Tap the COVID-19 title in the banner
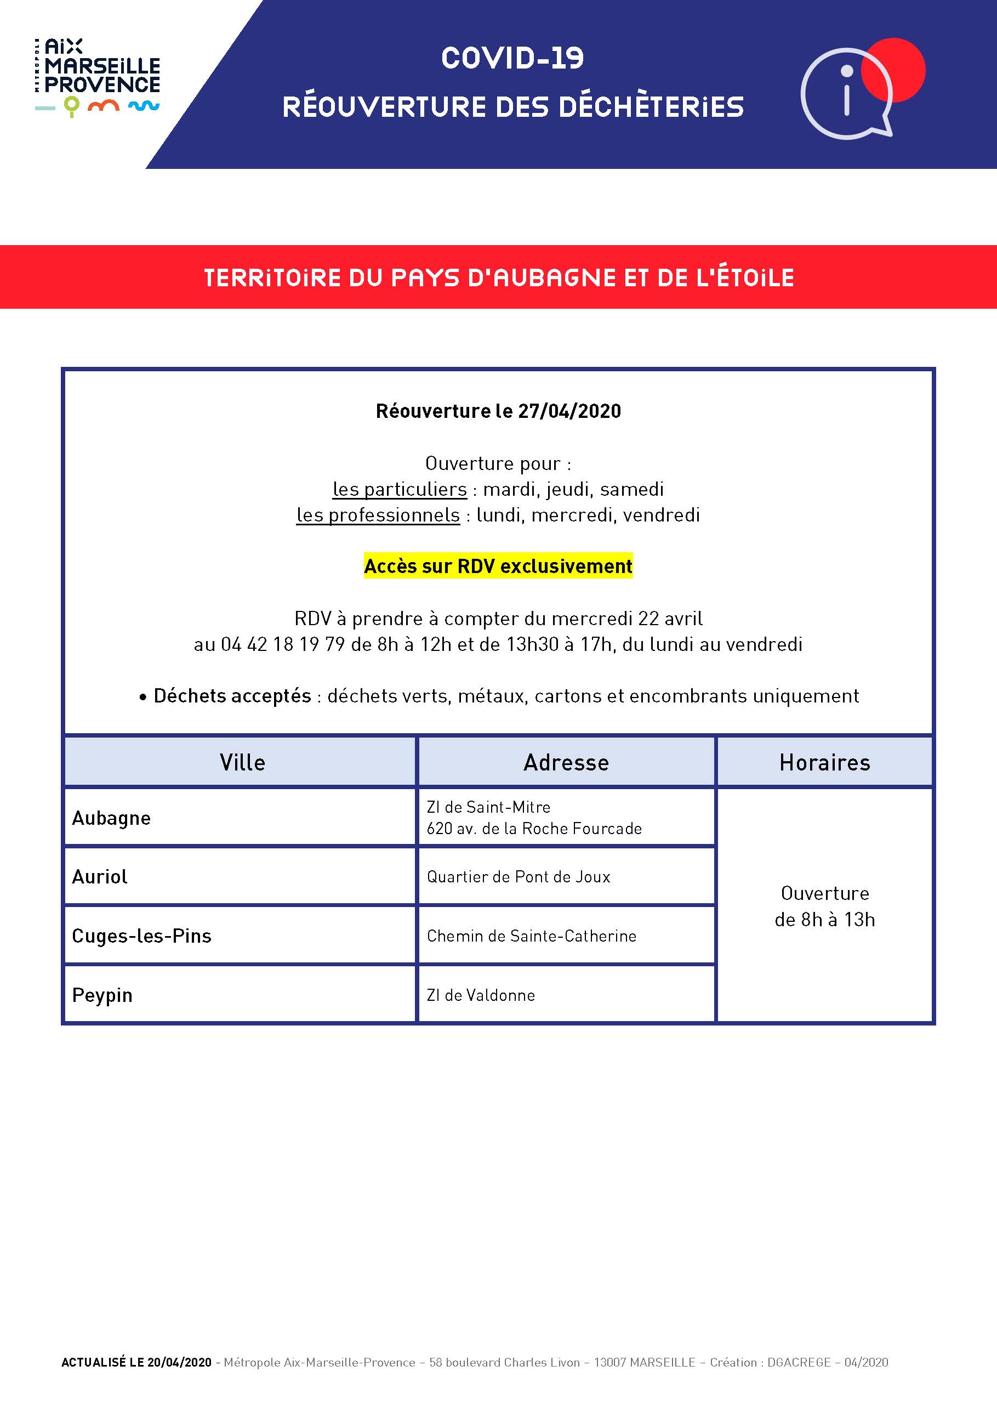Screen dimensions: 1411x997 pos(512,58)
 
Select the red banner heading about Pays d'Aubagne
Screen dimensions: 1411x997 pos(498,278)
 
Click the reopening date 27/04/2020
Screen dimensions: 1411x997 pos(569,411)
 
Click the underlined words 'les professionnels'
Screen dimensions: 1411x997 pos(378,515)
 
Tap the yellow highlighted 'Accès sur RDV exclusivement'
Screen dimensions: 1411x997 pos(498,566)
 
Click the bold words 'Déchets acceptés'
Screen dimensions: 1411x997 pos(232,696)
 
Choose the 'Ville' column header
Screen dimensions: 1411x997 pos(242,762)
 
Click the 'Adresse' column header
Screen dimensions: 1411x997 pos(566,762)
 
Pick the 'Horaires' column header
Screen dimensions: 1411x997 pos(824,762)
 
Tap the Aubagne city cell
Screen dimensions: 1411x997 pos(111,818)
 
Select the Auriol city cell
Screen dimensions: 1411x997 pos(100,876)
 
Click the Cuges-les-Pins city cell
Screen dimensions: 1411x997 pos(141,936)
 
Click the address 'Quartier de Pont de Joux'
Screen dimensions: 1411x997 pos(519,876)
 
